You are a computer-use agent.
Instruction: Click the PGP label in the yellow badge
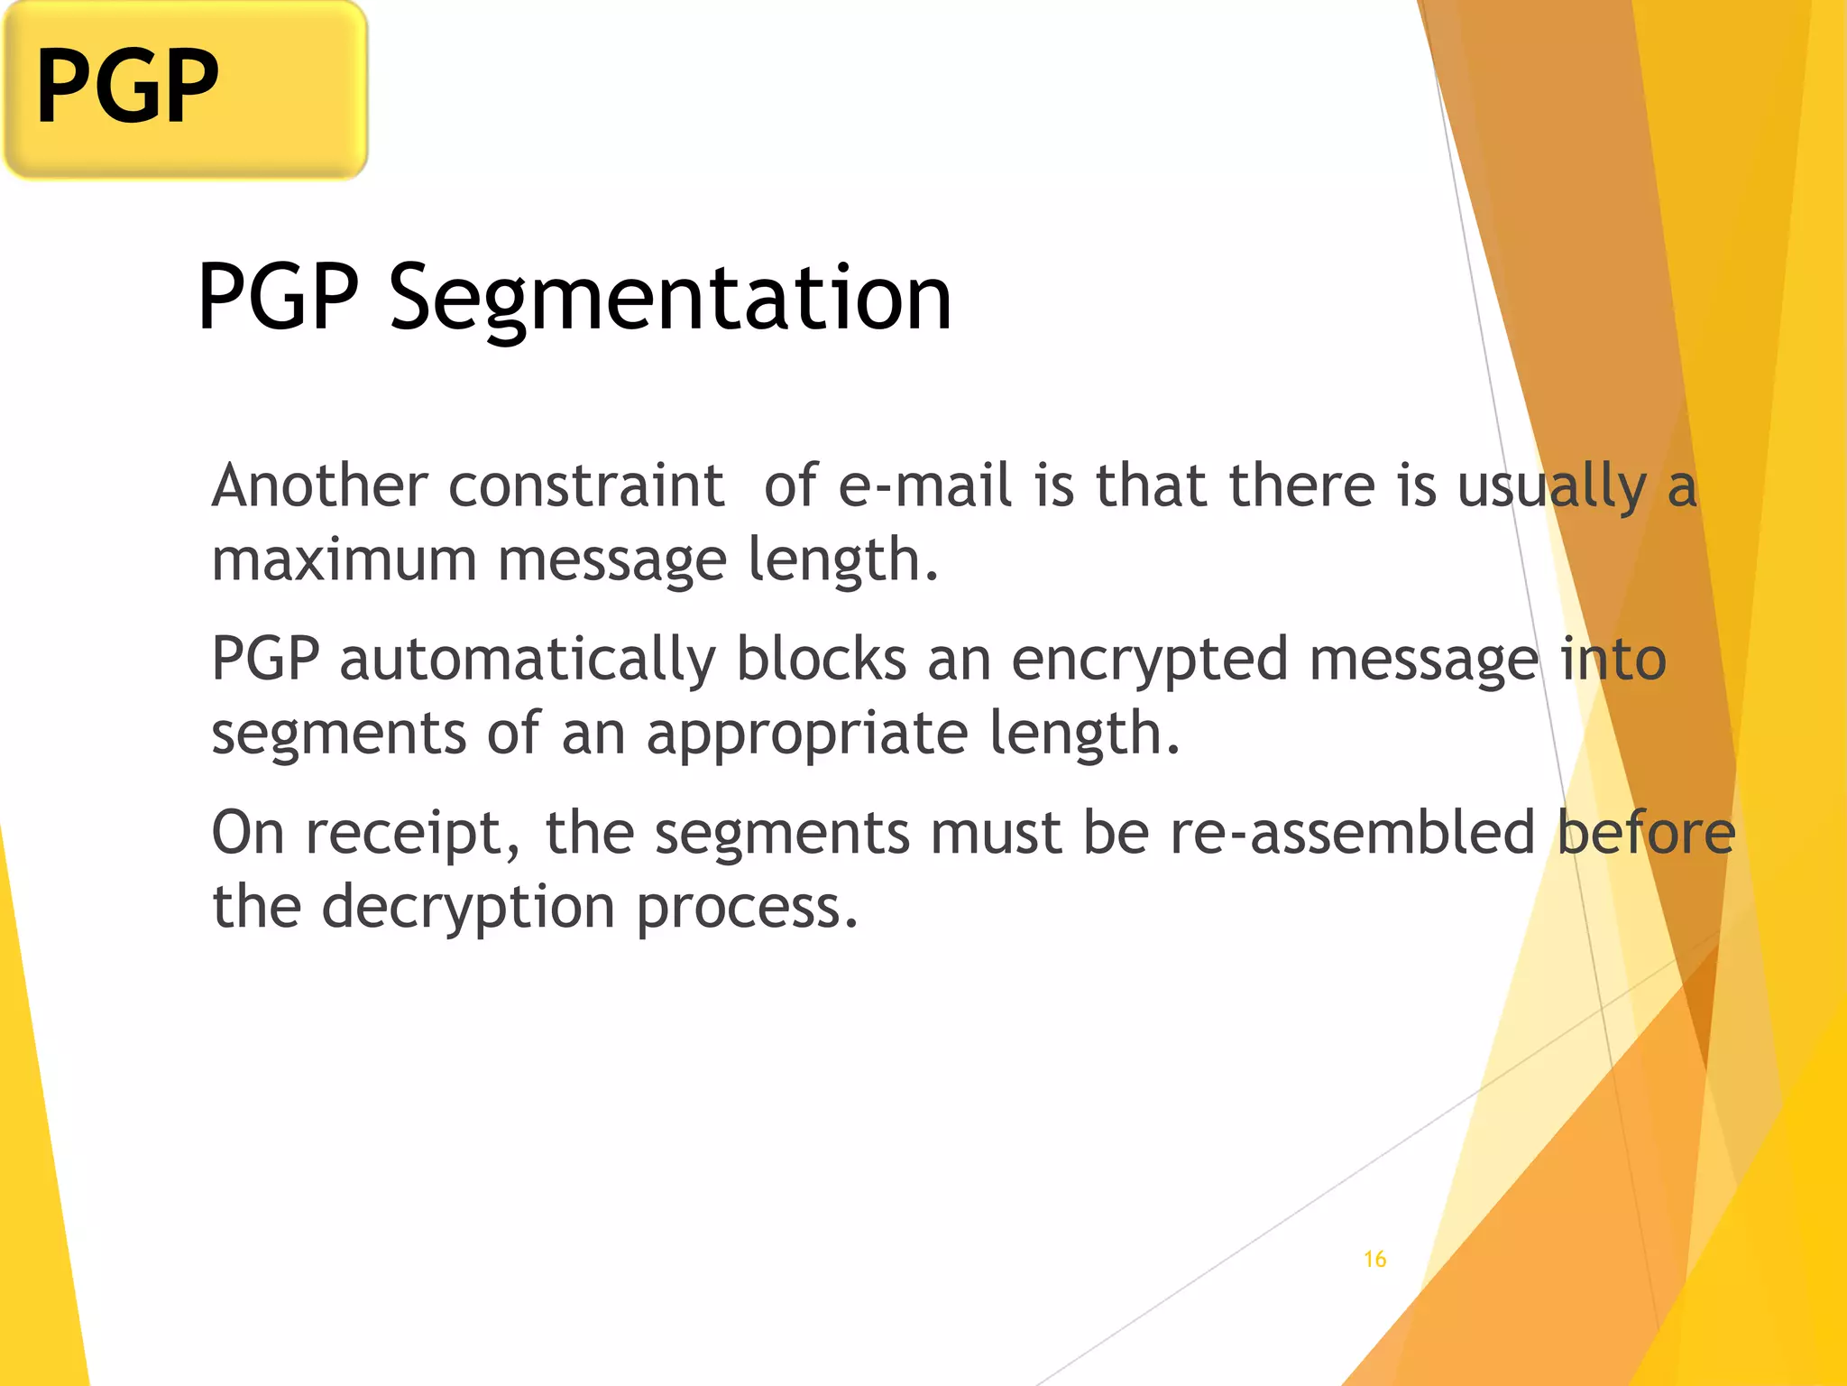point(127,87)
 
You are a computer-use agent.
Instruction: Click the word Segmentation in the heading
point(670,297)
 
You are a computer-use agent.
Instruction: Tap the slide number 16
point(1374,1259)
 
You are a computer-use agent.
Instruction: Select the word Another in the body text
point(319,485)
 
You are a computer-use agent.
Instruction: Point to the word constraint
point(586,485)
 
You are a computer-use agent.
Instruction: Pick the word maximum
point(344,559)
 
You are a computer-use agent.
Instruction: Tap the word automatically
point(528,659)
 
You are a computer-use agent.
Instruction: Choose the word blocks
point(821,659)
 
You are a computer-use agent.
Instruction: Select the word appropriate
point(806,735)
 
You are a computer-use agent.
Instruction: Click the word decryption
point(468,908)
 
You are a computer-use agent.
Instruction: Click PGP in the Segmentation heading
point(278,297)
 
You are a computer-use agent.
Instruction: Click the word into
point(1613,659)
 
